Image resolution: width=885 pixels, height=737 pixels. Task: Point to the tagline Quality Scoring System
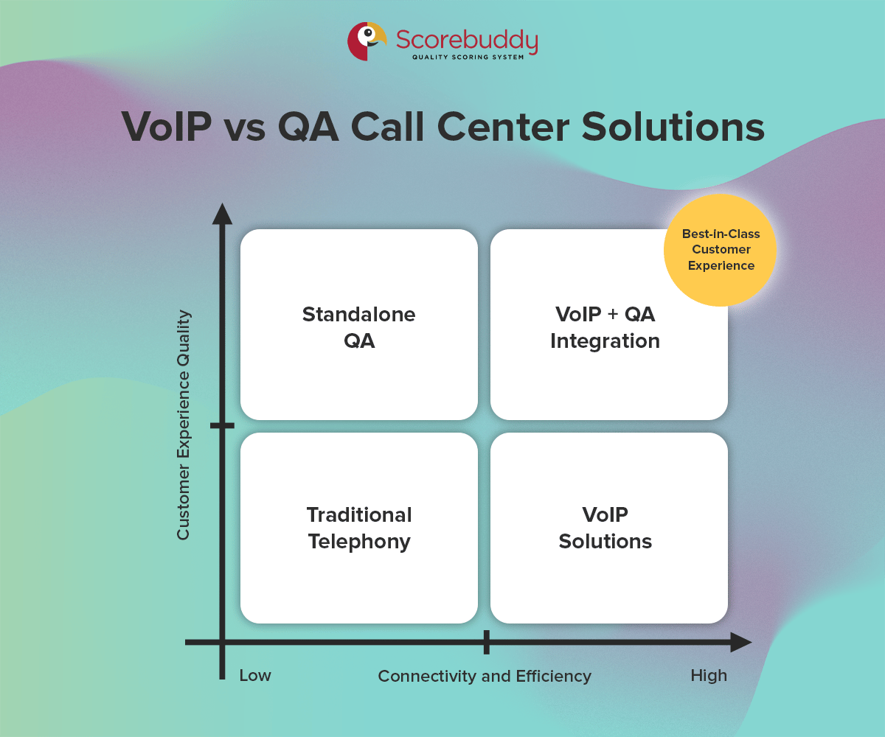click(468, 57)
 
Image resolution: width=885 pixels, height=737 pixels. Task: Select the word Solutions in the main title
click(673, 127)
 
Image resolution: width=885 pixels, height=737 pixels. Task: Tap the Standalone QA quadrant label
click(359, 327)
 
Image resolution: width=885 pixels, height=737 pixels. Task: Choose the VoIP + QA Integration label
click(605, 327)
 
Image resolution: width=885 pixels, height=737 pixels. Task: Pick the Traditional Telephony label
click(359, 528)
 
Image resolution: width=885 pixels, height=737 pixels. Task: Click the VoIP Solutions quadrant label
click(605, 528)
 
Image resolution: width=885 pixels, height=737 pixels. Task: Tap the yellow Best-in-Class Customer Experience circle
click(720, 250)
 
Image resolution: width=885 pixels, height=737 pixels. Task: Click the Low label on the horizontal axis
click(255, 676)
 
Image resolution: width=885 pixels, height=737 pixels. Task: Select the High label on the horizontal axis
click(709, 676)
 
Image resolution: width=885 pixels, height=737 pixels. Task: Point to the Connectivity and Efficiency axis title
click(485, 676)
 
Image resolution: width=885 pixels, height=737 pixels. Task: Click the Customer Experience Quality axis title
click(184, 425)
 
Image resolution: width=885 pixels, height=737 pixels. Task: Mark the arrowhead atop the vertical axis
click(222, 213)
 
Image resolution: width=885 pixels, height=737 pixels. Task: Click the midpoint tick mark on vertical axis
click(222, 425)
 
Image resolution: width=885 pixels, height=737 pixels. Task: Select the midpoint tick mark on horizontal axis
click(486, 642)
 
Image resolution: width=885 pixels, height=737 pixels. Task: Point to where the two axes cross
click(222, 642)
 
